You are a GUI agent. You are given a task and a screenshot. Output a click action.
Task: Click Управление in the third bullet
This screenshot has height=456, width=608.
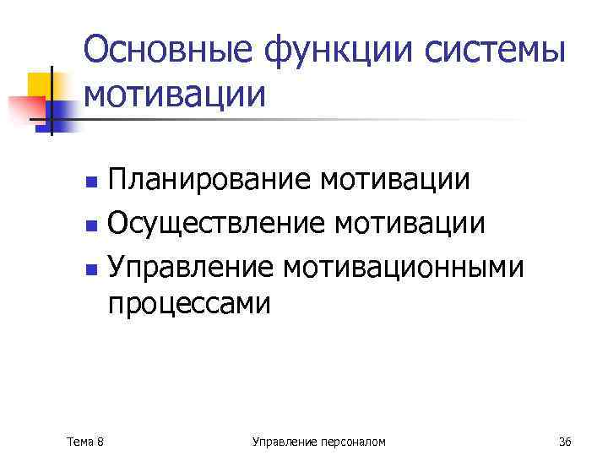[x=190, y=268]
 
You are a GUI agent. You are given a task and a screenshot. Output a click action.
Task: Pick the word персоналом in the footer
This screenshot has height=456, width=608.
[x=354, y=441]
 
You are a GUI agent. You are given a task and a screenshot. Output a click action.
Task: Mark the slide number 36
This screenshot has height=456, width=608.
[x=565, y=441]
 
